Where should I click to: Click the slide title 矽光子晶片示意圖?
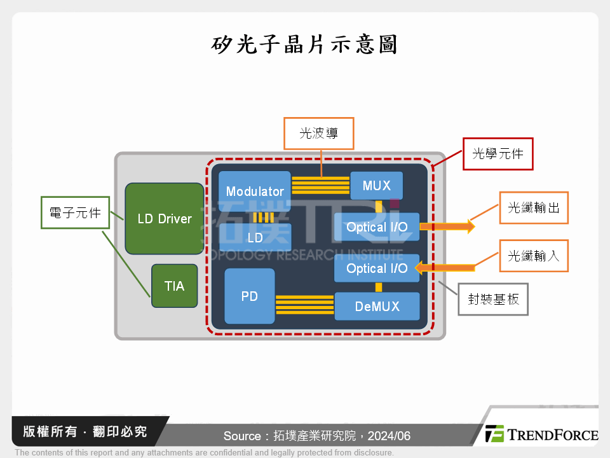[304, 44]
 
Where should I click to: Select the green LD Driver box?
[165, 219]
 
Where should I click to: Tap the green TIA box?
[175, 286]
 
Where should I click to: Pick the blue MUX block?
[376, 186]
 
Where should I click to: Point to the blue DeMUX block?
[377, 306]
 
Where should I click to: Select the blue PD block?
[249, 296]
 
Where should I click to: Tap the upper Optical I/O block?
[377, 227]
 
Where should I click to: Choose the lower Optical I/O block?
[377, 268]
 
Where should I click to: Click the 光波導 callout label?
[318, 133]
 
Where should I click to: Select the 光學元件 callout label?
[498, 154]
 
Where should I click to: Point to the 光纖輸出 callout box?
[533, 207]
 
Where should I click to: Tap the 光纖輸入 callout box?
[533, 256]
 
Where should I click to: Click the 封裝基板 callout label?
[493, 299]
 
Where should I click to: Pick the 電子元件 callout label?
[75, 212]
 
